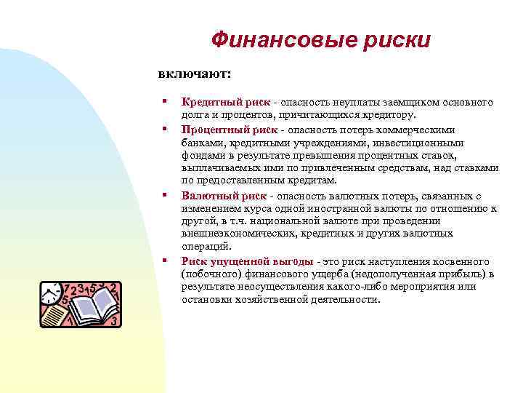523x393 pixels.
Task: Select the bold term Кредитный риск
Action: (x=225, y=103)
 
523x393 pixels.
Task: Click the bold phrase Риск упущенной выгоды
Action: (x=248, y=261)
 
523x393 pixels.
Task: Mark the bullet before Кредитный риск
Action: (x=166, y=103)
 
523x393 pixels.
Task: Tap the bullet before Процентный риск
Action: (x=166, y=130)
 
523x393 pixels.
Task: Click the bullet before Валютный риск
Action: (x=166, y=195)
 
